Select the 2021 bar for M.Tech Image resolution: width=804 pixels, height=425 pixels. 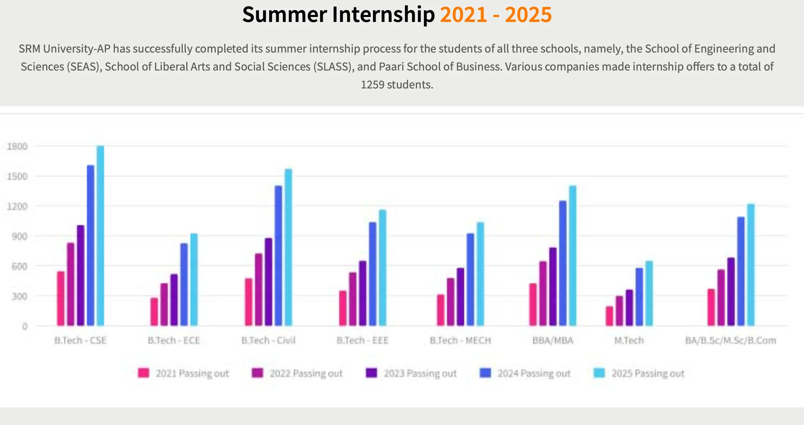click(x=609, y=316)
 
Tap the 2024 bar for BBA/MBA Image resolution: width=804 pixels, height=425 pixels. click(x=563, y=263)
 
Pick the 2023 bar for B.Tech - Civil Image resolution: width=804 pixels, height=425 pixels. click(x=269, y=282)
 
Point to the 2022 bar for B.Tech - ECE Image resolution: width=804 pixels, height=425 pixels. click(x=164, y=304)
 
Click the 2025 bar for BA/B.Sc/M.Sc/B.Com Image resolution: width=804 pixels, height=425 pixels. click(x=751, y=265)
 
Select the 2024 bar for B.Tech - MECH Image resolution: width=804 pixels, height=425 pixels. click(x=470, y=279)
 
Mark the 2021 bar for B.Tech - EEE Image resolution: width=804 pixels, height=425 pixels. click(x=343, y=308)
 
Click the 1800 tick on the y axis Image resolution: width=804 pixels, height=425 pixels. click(x=17, y=146)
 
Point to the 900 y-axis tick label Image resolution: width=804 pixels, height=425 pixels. click(x=19, y=236)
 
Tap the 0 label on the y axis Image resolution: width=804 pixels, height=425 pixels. click(x=25, y=327)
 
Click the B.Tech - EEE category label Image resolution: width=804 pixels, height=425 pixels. click(x=362, y=341)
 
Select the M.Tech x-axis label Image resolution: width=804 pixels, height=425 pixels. click(x=629, y=341)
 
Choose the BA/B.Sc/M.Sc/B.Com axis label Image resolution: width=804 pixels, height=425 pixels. click(x=731, y=341)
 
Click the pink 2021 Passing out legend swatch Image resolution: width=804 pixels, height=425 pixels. click(x=144, y=373)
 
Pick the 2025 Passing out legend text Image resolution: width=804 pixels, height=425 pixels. click(x=648, y=373)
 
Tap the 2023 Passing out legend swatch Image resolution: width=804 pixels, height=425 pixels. click(x=371, y=373)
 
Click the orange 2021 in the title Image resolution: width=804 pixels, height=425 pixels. click(x=464, y=15)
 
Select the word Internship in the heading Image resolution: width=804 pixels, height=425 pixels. click(x=383, y=15)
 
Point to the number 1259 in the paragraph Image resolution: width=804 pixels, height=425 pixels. click(x=372, y=84)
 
